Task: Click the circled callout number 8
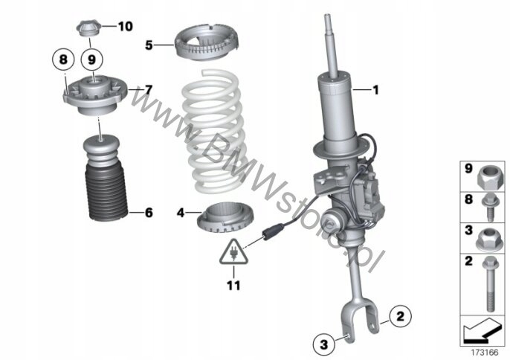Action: coord(63,58)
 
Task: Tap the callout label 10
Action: coord(124,27)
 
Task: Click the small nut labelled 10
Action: coord(88,29)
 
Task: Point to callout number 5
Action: coord(149,45)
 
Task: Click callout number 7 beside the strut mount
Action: coord(149,90)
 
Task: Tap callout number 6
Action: coord(149,213)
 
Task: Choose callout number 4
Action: coord(180,213)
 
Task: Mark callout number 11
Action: coord(235,283)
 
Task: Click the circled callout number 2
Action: coord(399,318)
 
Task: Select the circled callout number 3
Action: coord(324,344)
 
